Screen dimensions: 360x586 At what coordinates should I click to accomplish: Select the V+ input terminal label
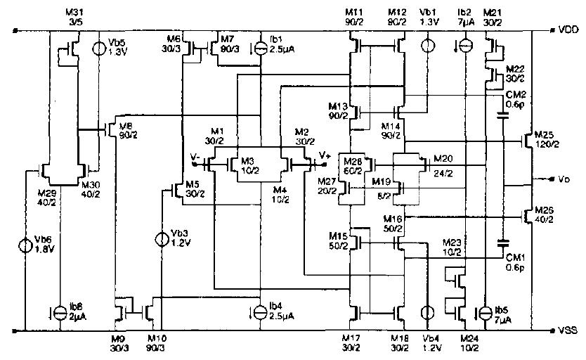[325, 155]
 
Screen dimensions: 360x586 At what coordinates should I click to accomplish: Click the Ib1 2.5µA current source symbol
[261, 48]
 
